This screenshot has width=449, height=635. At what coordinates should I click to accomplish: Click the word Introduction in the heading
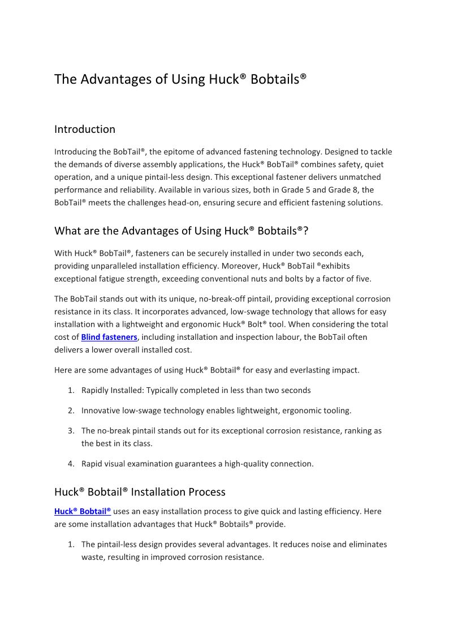tap(85, 129)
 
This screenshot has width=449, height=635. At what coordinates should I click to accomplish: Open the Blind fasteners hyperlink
tap(109, 337)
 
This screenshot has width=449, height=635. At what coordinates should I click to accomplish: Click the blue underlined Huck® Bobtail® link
tap(83, 511)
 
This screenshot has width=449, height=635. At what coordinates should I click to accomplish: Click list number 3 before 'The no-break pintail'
tap(71, 431)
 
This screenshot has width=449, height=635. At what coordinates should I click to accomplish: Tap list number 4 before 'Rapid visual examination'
tap(71, 464)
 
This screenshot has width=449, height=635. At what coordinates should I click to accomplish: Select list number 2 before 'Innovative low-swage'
tap(71, 411)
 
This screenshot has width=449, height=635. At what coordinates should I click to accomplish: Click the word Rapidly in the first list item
tap(96, 391)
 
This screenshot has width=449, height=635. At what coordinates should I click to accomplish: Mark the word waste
tap(92, 557)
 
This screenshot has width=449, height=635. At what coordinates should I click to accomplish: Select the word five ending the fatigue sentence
tap(361, 279)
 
